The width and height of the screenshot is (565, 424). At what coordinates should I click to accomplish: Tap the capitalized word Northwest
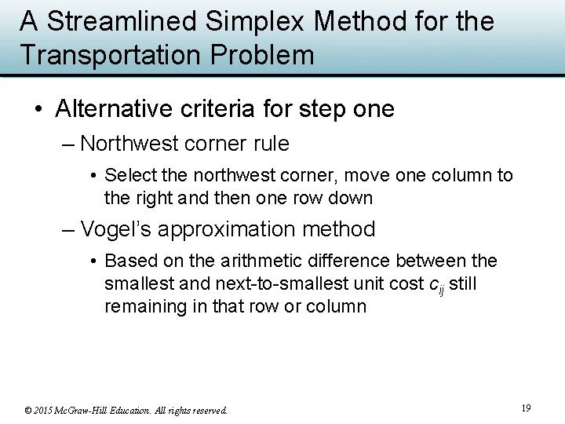129,144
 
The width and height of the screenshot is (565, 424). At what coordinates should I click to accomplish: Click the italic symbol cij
436,284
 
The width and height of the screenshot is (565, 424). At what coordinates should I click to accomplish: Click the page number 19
526,408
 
